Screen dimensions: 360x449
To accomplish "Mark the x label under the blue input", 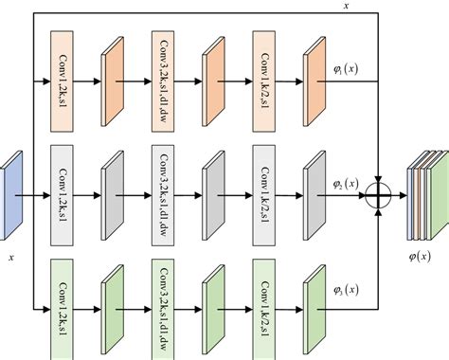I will point(11,256).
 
